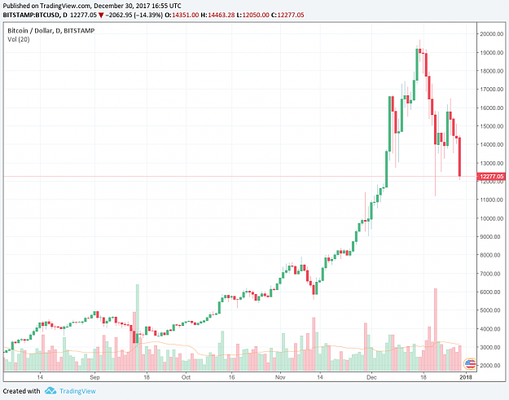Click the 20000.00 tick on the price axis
[x=492, y=33]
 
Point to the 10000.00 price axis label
[x=492, y=218]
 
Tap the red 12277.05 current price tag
[x=491, y=176]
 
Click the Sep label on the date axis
[x=94, y=377]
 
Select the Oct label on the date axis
[x=186, y=377]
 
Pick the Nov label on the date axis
[x=280, y=377]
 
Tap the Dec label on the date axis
[x=371, y=377]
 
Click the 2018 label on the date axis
[x=466, y=377]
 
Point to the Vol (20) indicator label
[x=19, y=39]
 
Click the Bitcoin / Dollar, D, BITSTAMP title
[x=51, y=31]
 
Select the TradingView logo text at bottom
[x=77, y=391]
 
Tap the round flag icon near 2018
[x=470, y=363]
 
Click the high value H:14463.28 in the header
[x=217, y=15]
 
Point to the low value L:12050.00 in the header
[x=252, y=15]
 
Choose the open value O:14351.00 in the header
[x=182, y=15]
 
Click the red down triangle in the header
[x=101, y=15]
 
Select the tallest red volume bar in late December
[x=436, y=330]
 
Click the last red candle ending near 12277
[x=459, y=156]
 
